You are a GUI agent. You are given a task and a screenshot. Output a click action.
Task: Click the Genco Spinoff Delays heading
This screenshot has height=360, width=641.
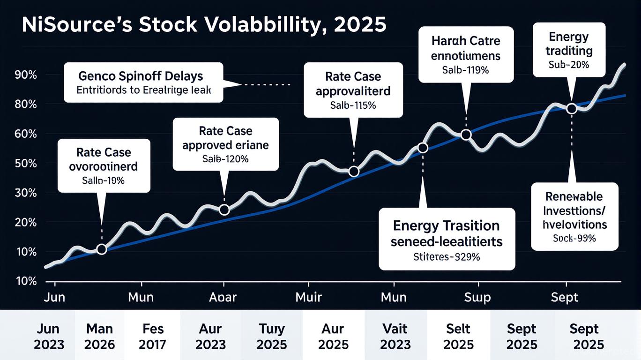141,76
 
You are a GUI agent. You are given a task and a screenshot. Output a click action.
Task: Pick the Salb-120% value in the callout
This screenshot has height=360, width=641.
225,159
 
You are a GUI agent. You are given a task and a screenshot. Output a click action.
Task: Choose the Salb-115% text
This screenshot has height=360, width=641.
353,105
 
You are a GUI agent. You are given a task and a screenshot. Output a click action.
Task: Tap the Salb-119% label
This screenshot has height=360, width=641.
465,70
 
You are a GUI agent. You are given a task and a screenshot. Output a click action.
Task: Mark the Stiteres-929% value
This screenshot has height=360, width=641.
447,257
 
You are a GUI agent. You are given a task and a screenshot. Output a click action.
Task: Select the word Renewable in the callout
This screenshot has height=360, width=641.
574,197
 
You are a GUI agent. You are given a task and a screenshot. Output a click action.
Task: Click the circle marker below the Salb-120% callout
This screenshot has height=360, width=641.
224,210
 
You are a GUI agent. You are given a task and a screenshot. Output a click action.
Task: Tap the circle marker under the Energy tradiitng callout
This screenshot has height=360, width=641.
572,109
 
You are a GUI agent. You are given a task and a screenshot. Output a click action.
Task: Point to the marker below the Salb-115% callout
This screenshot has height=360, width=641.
354,172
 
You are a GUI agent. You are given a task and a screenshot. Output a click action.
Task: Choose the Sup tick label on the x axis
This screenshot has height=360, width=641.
477,297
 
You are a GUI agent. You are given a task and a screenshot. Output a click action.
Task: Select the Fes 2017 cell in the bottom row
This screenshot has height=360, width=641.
153,337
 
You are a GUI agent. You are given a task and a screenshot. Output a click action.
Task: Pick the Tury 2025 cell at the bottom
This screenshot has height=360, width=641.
272,337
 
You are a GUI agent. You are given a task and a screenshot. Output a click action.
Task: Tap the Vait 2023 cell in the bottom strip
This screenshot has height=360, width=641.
395,337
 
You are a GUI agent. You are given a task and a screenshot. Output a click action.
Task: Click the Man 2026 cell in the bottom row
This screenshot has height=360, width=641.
100,337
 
